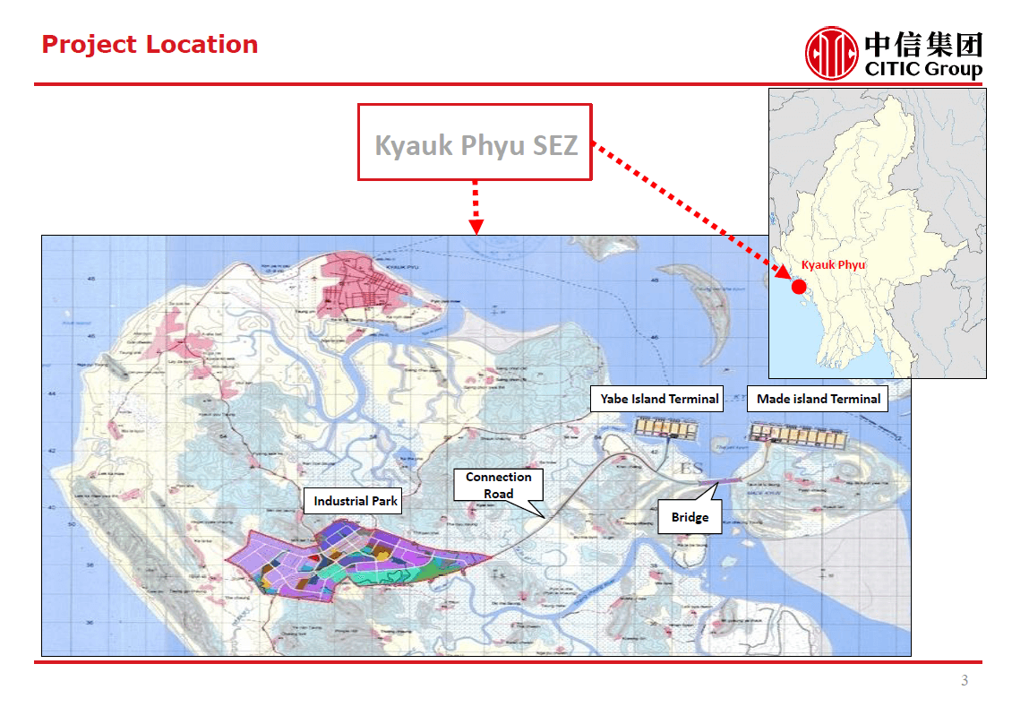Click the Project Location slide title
click(150, 45)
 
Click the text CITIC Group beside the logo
click(923, 69)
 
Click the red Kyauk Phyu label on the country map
click(833, 265)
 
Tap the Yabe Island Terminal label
click(659, 399)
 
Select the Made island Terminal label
click(818, 399)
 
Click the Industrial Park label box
click(356, 501)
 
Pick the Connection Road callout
click(498, 485)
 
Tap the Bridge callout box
click(690, 517)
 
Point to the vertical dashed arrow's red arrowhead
click(476, 226)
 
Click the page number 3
click(965, 681)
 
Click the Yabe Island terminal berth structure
click(667, 428)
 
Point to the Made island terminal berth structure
click(800, 435)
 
